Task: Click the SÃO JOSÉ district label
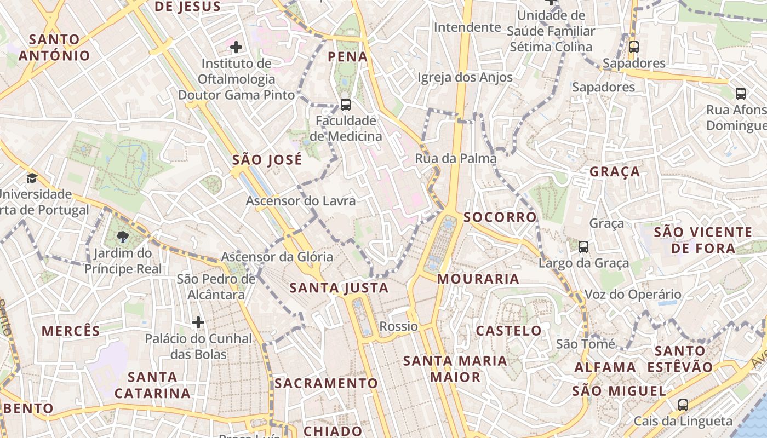[267, 160]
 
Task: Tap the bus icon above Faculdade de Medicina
[345, 104]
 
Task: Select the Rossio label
[399, 327]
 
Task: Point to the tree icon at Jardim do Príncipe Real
[123, 237]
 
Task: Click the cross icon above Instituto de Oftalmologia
[236, 47]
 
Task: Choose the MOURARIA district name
[478, 279]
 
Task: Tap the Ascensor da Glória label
[277, 256]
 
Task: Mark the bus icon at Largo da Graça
[583, 247]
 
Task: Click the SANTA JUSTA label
[339, 288]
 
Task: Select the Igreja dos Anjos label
[465, 78]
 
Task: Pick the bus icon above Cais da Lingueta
[683, 405]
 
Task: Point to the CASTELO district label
[509, 331]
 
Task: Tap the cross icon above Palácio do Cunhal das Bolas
[198, 322]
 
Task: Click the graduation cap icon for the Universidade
[32, 178]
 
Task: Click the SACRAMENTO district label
[327, 383]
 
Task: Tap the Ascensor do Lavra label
[301, 201]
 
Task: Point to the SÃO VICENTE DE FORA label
[703, 240]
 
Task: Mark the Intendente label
[467, 27]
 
